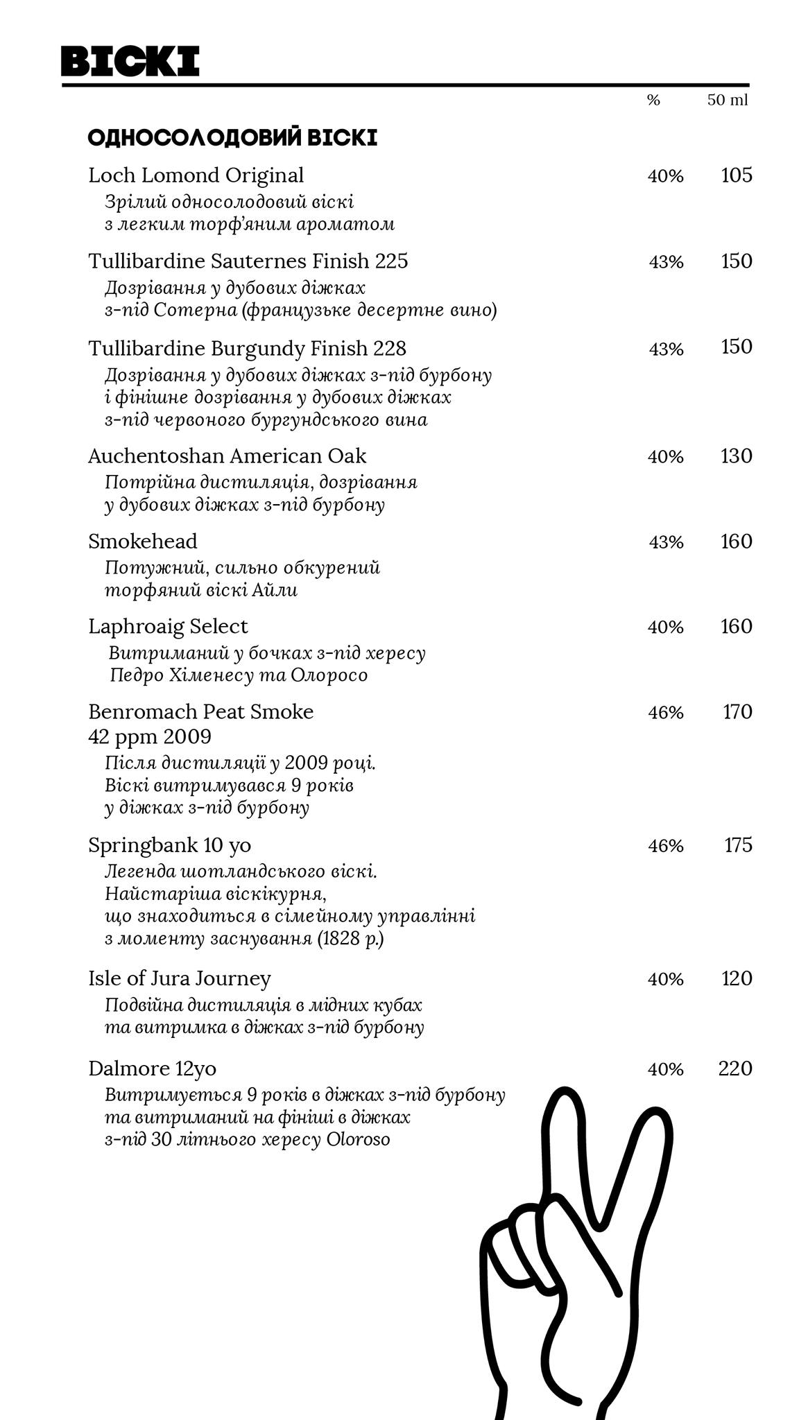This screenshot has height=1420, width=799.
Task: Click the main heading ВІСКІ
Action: [130, 61]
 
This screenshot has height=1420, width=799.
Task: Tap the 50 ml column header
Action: [727, 100]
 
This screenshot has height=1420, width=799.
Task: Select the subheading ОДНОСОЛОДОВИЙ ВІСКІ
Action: [232, 138]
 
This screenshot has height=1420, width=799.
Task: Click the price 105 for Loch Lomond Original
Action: [736, 175]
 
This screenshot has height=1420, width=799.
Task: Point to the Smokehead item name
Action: [143, 541]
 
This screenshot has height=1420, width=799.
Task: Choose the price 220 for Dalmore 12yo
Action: [734, 1068]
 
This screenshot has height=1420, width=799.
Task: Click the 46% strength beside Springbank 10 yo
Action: [665, 846]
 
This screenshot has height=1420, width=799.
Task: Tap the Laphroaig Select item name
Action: [168, 626]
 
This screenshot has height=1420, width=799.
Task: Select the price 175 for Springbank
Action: [738, 845]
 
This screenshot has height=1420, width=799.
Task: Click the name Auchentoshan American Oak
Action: [227, 456]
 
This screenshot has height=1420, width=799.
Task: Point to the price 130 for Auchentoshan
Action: [736, 456]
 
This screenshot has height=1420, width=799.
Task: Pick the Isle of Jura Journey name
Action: [180, 978]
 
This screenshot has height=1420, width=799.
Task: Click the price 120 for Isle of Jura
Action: [736, 978]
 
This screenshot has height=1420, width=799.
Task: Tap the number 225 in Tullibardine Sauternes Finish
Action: [392, 261]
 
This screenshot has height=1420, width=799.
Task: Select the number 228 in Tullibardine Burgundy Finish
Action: [390, 348]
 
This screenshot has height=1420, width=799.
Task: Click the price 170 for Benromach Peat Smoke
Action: [737, 712]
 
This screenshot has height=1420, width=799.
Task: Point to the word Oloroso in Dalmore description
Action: [358, 1139]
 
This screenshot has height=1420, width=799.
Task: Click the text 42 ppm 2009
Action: [150, 736]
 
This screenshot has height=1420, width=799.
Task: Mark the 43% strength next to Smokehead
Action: [666, 542]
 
